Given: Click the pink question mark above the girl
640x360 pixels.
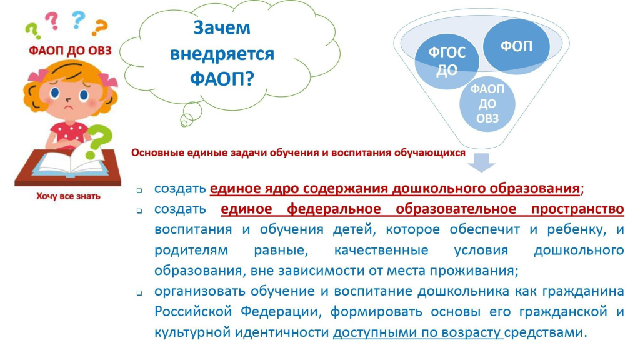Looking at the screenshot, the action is (51, 21).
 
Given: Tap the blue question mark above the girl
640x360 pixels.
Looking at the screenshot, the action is (78, 20).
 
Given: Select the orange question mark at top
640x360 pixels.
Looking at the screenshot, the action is (99, 27).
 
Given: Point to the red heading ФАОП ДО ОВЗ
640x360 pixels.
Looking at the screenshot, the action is (70, 51).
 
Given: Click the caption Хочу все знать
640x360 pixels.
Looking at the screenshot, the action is (68, 196).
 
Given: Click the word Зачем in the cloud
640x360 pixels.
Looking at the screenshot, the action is (222, 27).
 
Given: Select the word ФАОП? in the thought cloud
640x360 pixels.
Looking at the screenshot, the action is (222, 78).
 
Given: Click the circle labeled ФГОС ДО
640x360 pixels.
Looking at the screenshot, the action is (447, 61).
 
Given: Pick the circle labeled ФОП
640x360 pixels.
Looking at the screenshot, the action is (516, 46).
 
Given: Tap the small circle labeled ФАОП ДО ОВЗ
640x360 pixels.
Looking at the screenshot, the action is (487, 104).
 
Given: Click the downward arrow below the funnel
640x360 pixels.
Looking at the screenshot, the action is (482, 162).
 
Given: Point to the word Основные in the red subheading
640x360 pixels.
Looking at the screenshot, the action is (158, 152).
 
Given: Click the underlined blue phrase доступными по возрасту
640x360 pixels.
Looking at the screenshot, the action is (417, 332).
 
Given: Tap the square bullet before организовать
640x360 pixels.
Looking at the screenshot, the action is (139, 293).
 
